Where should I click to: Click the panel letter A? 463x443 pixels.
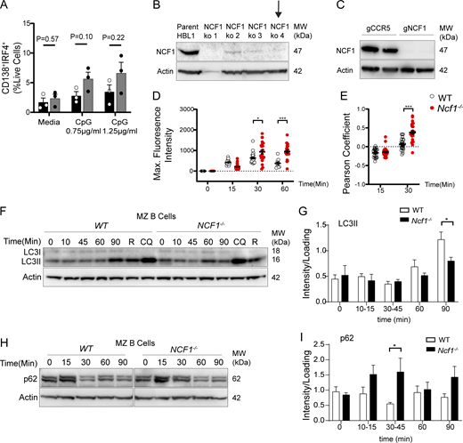7,8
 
